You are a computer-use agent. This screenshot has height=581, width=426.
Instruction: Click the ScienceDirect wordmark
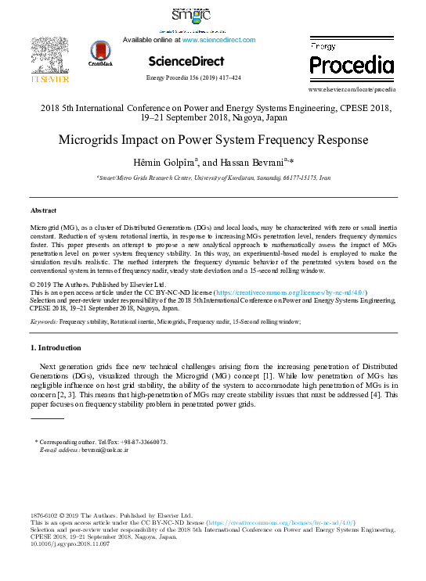click(x=186, y=61)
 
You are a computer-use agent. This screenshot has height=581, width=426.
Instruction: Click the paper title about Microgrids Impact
click(x=213, y=142)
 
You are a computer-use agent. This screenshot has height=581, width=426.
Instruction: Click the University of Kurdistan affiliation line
click(x=213, y=178)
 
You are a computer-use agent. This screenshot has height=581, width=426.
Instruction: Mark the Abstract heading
click(x=43, y=211)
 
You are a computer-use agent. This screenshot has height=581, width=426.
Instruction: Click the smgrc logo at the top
click(x=190, y=15)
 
